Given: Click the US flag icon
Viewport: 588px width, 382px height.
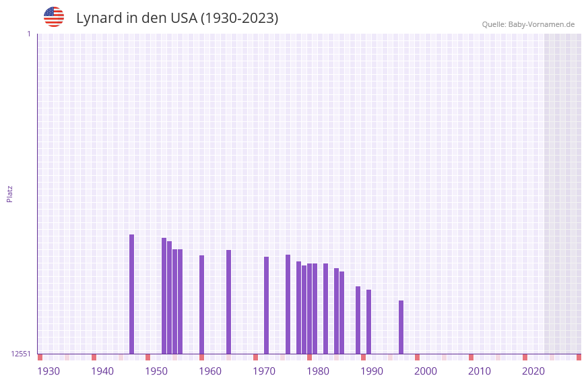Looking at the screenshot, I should (54, 17).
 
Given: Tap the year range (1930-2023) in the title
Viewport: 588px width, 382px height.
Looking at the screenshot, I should (239, 18).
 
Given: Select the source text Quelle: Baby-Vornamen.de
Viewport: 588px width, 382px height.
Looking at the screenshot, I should (528, 24).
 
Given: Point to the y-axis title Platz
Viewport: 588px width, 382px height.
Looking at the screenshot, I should (9, 193).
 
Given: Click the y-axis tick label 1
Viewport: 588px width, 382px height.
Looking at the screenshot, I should (28, 34).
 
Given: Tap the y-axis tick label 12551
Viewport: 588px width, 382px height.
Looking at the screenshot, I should (21, 354).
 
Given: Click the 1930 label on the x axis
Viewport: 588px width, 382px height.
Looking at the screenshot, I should (48, 371).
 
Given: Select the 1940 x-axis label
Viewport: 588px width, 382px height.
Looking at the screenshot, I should (102, 371).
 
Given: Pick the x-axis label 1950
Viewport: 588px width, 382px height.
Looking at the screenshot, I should (156, 371).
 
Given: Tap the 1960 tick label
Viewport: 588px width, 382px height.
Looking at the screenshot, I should (210, 371).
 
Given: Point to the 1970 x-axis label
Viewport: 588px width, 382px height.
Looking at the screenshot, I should (264, 371).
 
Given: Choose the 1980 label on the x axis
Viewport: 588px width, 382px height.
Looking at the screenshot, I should (318, 371).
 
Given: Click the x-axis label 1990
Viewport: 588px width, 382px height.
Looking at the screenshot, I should (372, 371).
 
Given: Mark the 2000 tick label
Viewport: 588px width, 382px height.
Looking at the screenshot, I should (426, 371).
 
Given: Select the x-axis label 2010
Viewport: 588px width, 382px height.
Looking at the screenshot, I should (480, 371).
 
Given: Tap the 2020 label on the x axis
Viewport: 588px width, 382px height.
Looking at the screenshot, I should (533, 371).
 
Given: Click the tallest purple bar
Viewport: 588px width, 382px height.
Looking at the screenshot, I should (131, 294).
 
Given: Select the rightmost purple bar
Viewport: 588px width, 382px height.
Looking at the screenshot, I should (401, 327).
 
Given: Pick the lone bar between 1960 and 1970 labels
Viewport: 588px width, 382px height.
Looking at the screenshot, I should (228, 302).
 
